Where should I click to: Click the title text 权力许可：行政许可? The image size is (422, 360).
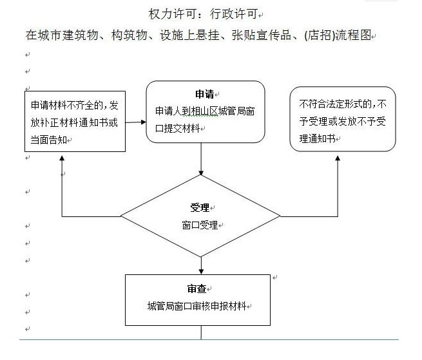(x=203, y=14)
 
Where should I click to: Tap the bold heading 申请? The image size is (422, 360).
(x=204, y=94)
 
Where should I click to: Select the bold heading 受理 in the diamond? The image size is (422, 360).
(x=200, y=207)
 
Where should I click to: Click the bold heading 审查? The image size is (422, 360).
(x=197, y=289)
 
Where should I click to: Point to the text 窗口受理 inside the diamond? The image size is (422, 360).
(x=200, y=225)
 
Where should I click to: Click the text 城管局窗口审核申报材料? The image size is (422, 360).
(x=197, y=306)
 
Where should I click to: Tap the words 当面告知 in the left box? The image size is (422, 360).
(x=49, y=140)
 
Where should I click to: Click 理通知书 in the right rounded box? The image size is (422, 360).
(x=318, y=138)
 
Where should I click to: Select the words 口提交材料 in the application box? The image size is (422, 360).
(x=178, y=128)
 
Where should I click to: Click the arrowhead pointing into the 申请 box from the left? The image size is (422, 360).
(x=144, y=122)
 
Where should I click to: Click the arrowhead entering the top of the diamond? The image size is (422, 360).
(x=201, y=173)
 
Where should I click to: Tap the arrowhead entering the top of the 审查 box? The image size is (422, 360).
(x=201, y=272)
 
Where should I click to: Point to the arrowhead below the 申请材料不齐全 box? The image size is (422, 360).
(x=62, y=158)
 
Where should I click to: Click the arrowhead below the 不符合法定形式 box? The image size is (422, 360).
(x=338, y=158)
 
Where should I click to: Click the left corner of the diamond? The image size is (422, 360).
(x=121, y=216)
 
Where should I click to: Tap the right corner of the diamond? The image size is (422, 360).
(x=280, y=216)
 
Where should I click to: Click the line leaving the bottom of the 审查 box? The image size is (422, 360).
(x=201, y=332)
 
